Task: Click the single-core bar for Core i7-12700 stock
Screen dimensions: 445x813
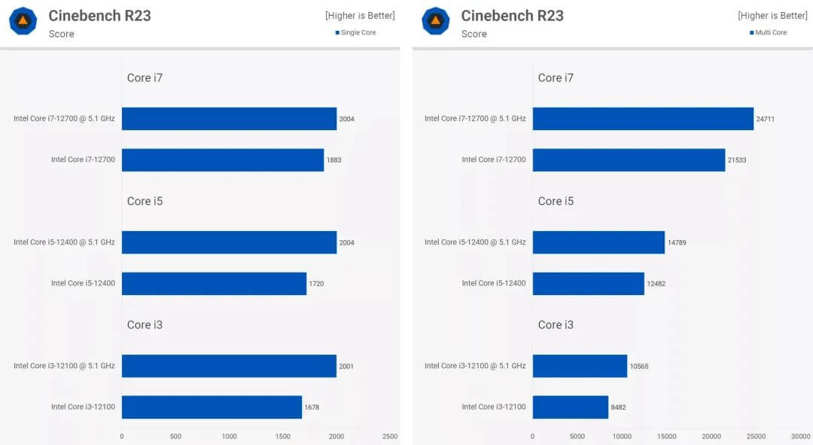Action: pos(222,160)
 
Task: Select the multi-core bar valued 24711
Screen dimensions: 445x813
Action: pos(643,119)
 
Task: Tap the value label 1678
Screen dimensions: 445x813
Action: pos(312,407)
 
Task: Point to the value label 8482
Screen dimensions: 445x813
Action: pos(618,407)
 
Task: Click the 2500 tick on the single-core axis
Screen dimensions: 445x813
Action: pos(390,436)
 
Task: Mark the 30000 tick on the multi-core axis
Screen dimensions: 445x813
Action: pos(800,436)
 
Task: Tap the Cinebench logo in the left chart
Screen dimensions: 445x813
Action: pos(23,21)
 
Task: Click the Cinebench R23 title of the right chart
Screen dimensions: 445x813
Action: pos(512,16)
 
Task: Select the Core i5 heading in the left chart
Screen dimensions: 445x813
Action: pos(145,201)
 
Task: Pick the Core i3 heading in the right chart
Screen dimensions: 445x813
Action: pos(556,325)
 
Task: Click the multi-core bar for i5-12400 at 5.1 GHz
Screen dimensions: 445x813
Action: pos(598,242)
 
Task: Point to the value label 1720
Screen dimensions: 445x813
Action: pos(316,284)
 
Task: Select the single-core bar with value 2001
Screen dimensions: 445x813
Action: pos(229,366)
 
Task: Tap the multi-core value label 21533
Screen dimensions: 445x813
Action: pos(737,160)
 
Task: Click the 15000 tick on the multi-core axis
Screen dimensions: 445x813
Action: pos(666,436)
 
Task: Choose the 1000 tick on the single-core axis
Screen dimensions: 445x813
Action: pos(229,436)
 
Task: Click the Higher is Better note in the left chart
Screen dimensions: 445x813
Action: pos(360,16)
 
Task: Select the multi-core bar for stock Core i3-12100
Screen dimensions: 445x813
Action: pos(570,407)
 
